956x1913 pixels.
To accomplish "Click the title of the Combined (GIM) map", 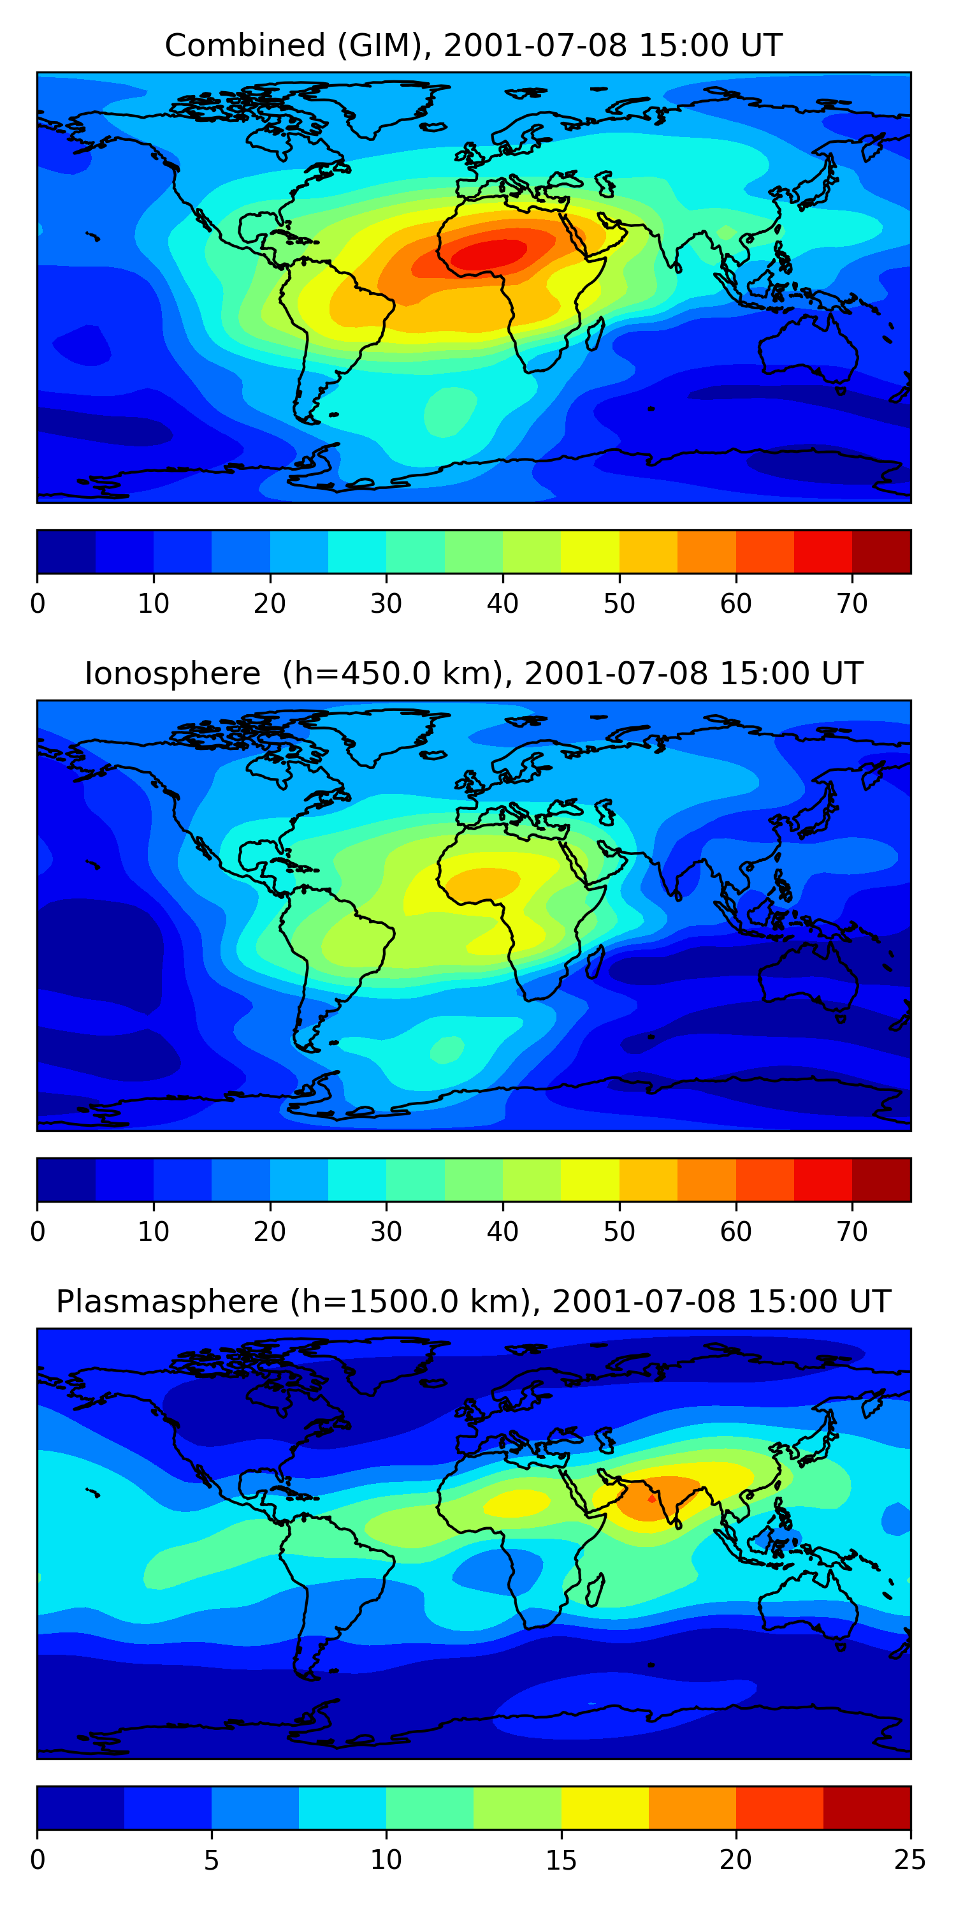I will (473, 45).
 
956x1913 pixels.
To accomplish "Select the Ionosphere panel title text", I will (473, 673).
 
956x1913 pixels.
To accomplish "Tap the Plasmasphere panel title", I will (473, 1302).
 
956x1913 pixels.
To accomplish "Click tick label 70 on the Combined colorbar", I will (852, 604).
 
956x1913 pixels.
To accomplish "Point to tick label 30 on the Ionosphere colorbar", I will (386, 1232).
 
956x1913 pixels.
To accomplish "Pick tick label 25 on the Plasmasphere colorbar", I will (910, 1860).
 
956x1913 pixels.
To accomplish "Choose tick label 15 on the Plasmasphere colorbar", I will (561, 1860).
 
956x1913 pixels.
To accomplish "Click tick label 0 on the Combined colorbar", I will (38, 604).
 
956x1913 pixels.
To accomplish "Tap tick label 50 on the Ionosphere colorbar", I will (619, 1232).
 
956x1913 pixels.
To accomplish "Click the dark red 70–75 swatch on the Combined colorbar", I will (881, 552).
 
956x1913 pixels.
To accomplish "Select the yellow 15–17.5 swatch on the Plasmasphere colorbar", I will (605, 1808).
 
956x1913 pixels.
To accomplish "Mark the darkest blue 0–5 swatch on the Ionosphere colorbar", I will (67, 1179).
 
